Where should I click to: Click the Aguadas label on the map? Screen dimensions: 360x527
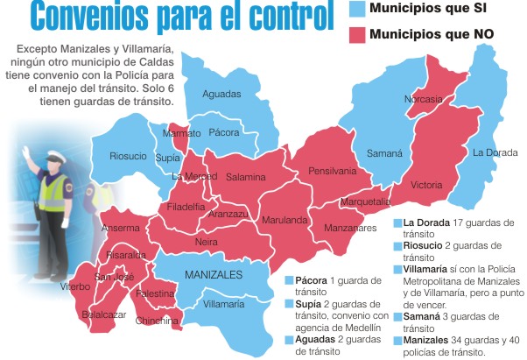click(221, 94)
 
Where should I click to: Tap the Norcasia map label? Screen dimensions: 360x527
click(423, 99)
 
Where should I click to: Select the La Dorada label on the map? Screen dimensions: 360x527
click(495, 152)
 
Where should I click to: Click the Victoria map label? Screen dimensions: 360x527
click(426, 185)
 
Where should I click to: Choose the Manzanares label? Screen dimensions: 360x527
click(350, 228)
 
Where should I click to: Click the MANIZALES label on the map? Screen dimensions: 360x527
click(214, 275)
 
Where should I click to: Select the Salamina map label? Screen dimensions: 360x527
click(246, 177)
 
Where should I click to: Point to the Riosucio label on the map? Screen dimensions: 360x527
click(129, 156)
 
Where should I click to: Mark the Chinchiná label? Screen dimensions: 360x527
click(158, 321)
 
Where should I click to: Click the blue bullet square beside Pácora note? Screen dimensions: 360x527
click(289, 280)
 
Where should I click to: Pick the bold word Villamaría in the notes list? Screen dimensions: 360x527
click(423, 270)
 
